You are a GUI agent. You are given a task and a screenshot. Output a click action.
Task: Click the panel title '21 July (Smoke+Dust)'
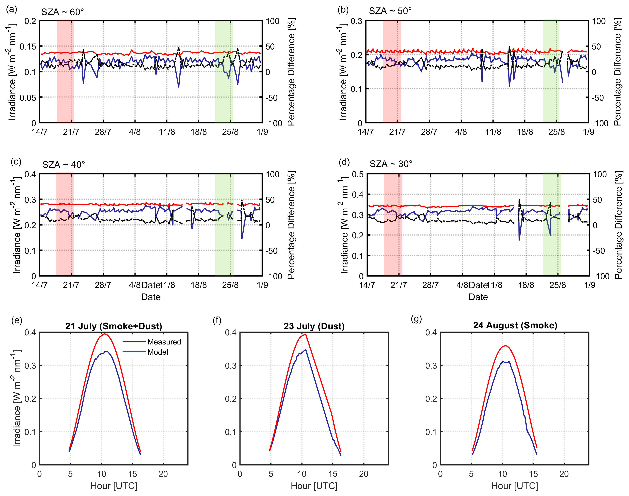pos(113,326)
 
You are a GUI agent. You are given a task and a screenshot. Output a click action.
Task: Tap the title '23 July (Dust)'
pos(314,326)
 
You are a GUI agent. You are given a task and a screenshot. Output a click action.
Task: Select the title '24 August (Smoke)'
pos(515,325)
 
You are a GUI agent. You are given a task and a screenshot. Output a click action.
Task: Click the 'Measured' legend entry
pos(164,342)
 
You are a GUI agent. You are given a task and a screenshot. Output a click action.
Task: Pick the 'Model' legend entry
pos(158,352)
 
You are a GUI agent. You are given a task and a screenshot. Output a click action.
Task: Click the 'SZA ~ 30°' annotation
pos(391,164)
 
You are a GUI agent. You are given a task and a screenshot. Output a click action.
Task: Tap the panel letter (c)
pos(16,162)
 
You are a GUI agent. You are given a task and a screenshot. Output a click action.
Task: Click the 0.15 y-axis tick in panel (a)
pos(28,46)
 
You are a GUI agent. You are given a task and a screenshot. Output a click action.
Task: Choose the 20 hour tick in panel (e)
pos(163,474)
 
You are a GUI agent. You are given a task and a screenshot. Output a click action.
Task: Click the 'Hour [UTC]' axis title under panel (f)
pos(314,486)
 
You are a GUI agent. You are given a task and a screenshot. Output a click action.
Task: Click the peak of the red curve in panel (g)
pos(505,346)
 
